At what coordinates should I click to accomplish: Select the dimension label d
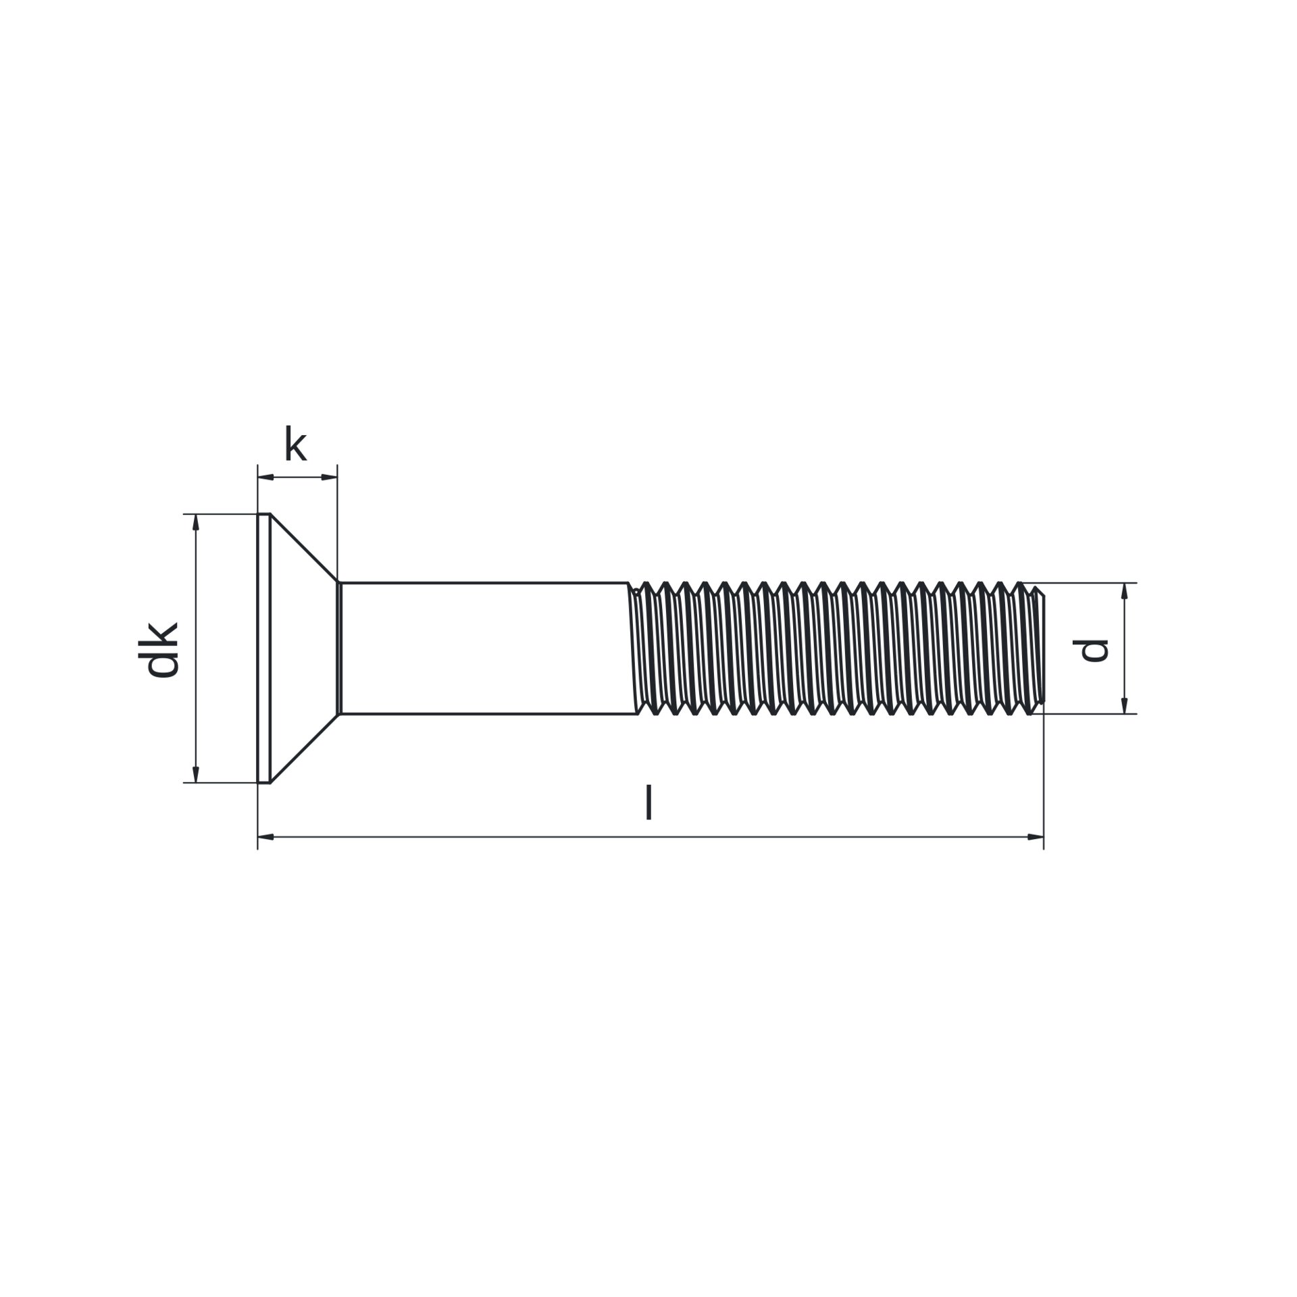click(1090, 650)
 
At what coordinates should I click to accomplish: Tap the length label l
click(648, 802)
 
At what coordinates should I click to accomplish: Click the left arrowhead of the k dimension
click(265, 477)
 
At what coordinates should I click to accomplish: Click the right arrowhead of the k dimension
click(329, 477)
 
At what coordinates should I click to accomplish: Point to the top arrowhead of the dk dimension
click(196, 522)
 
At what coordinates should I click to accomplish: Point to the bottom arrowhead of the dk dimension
click(196, 775)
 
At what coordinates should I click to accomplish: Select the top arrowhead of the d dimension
click(1125, 591)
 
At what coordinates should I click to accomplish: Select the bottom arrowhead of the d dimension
click(1125, 705)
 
